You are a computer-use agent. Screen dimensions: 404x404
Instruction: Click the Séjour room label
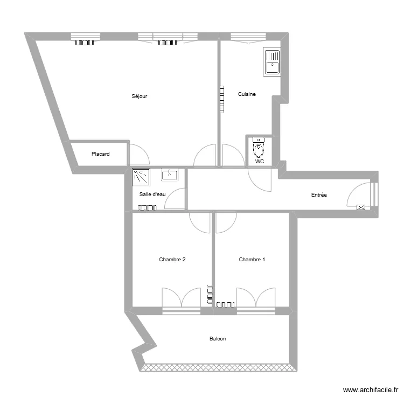(140, 96)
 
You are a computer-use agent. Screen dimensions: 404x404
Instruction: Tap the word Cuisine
(247, 94)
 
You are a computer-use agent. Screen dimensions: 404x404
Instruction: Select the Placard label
(100, 154)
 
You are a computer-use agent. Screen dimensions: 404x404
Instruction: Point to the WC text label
(260, 161)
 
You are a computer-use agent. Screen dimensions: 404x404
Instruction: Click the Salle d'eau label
(152, 194)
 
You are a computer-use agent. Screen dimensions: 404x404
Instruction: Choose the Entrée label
(319, 195)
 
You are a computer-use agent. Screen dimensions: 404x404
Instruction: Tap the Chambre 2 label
(172, 260)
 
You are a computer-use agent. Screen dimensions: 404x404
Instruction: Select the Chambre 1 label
(252, 260)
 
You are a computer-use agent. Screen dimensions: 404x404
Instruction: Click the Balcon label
(218, 339)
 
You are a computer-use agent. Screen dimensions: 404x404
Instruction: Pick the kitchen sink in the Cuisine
(271, 61)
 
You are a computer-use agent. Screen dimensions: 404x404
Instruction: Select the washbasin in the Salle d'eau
(170, 175)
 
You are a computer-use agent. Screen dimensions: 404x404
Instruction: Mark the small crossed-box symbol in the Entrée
(361, 206)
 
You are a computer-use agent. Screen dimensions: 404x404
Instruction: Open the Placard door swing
(139, 155)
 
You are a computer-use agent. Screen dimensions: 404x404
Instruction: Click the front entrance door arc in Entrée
(358, 194)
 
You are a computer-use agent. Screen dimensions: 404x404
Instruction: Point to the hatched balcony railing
(219, 368)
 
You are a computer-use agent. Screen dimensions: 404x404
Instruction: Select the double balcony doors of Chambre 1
(256, 298)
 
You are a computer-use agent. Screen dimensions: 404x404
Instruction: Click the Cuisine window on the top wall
(248, 37)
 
